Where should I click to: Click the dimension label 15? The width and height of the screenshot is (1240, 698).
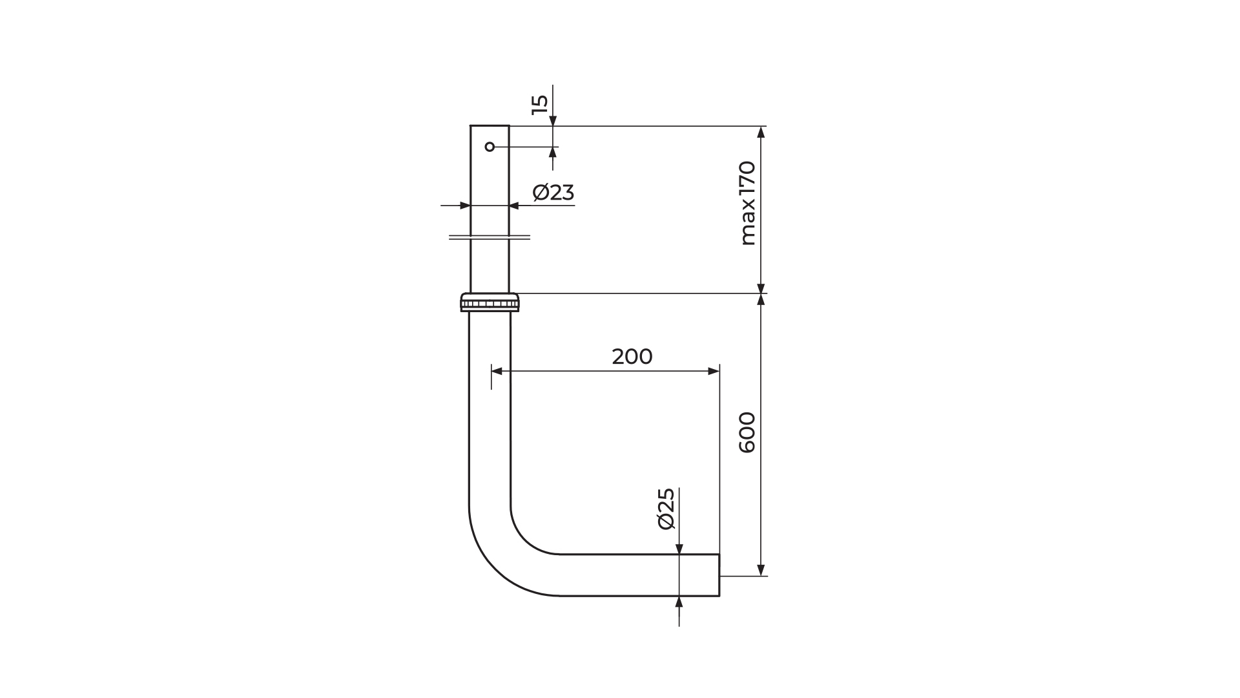point(540,105)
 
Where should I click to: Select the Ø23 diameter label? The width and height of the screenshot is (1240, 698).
point(553,193)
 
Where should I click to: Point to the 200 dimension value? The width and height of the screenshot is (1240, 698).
point(632,357)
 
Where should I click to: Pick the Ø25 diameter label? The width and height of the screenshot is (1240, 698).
point(666,509)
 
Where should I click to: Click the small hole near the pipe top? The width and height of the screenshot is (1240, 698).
point(490,147)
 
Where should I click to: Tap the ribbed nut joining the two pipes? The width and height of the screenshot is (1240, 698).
point(490,302)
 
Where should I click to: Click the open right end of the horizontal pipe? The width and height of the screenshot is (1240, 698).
point(719,575)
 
